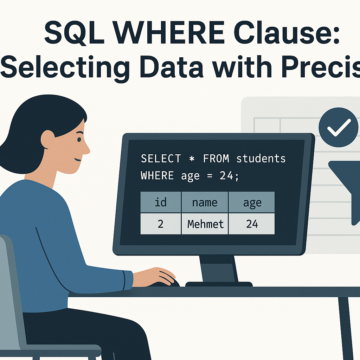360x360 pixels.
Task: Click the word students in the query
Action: [261, 159]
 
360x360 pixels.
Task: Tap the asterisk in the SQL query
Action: [191, 159]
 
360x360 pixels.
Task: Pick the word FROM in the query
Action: [216, 159]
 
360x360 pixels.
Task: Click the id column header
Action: [160, 202]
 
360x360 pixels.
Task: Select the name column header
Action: [205, 202]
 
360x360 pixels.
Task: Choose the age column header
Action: [252, 202]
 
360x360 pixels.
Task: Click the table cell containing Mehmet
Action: [205, 224]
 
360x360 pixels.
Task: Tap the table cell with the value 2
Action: [160, 224]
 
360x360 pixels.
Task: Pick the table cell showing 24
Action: [252, 224]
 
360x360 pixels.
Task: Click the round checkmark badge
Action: [338, 127]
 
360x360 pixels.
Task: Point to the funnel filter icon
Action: [346, 186]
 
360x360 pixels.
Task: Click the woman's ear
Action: [48, 139]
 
